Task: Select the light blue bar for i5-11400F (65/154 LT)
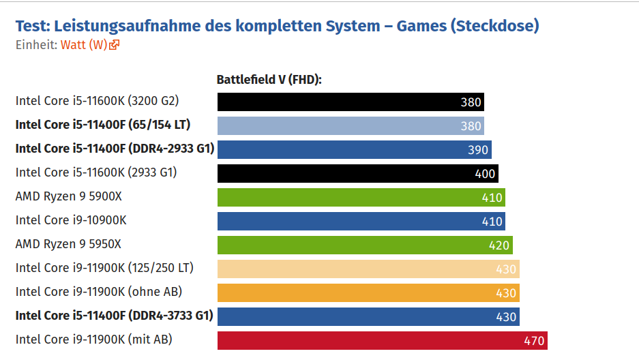351,125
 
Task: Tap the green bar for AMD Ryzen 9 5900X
361,197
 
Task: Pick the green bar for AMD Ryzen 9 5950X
365,245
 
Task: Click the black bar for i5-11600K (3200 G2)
351,102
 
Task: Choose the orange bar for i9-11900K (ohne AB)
368,292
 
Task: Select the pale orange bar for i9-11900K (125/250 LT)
368,269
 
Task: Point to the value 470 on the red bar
534,340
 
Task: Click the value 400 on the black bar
485,174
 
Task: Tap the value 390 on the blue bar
478,150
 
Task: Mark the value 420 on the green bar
499,245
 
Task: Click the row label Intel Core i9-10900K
71,220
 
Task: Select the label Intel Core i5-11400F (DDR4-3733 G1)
115,316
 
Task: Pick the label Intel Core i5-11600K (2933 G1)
96,172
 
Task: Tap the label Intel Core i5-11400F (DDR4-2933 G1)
115,149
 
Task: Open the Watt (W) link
84,45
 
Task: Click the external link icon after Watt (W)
115,45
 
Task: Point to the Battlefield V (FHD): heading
269,80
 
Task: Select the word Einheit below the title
35,45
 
